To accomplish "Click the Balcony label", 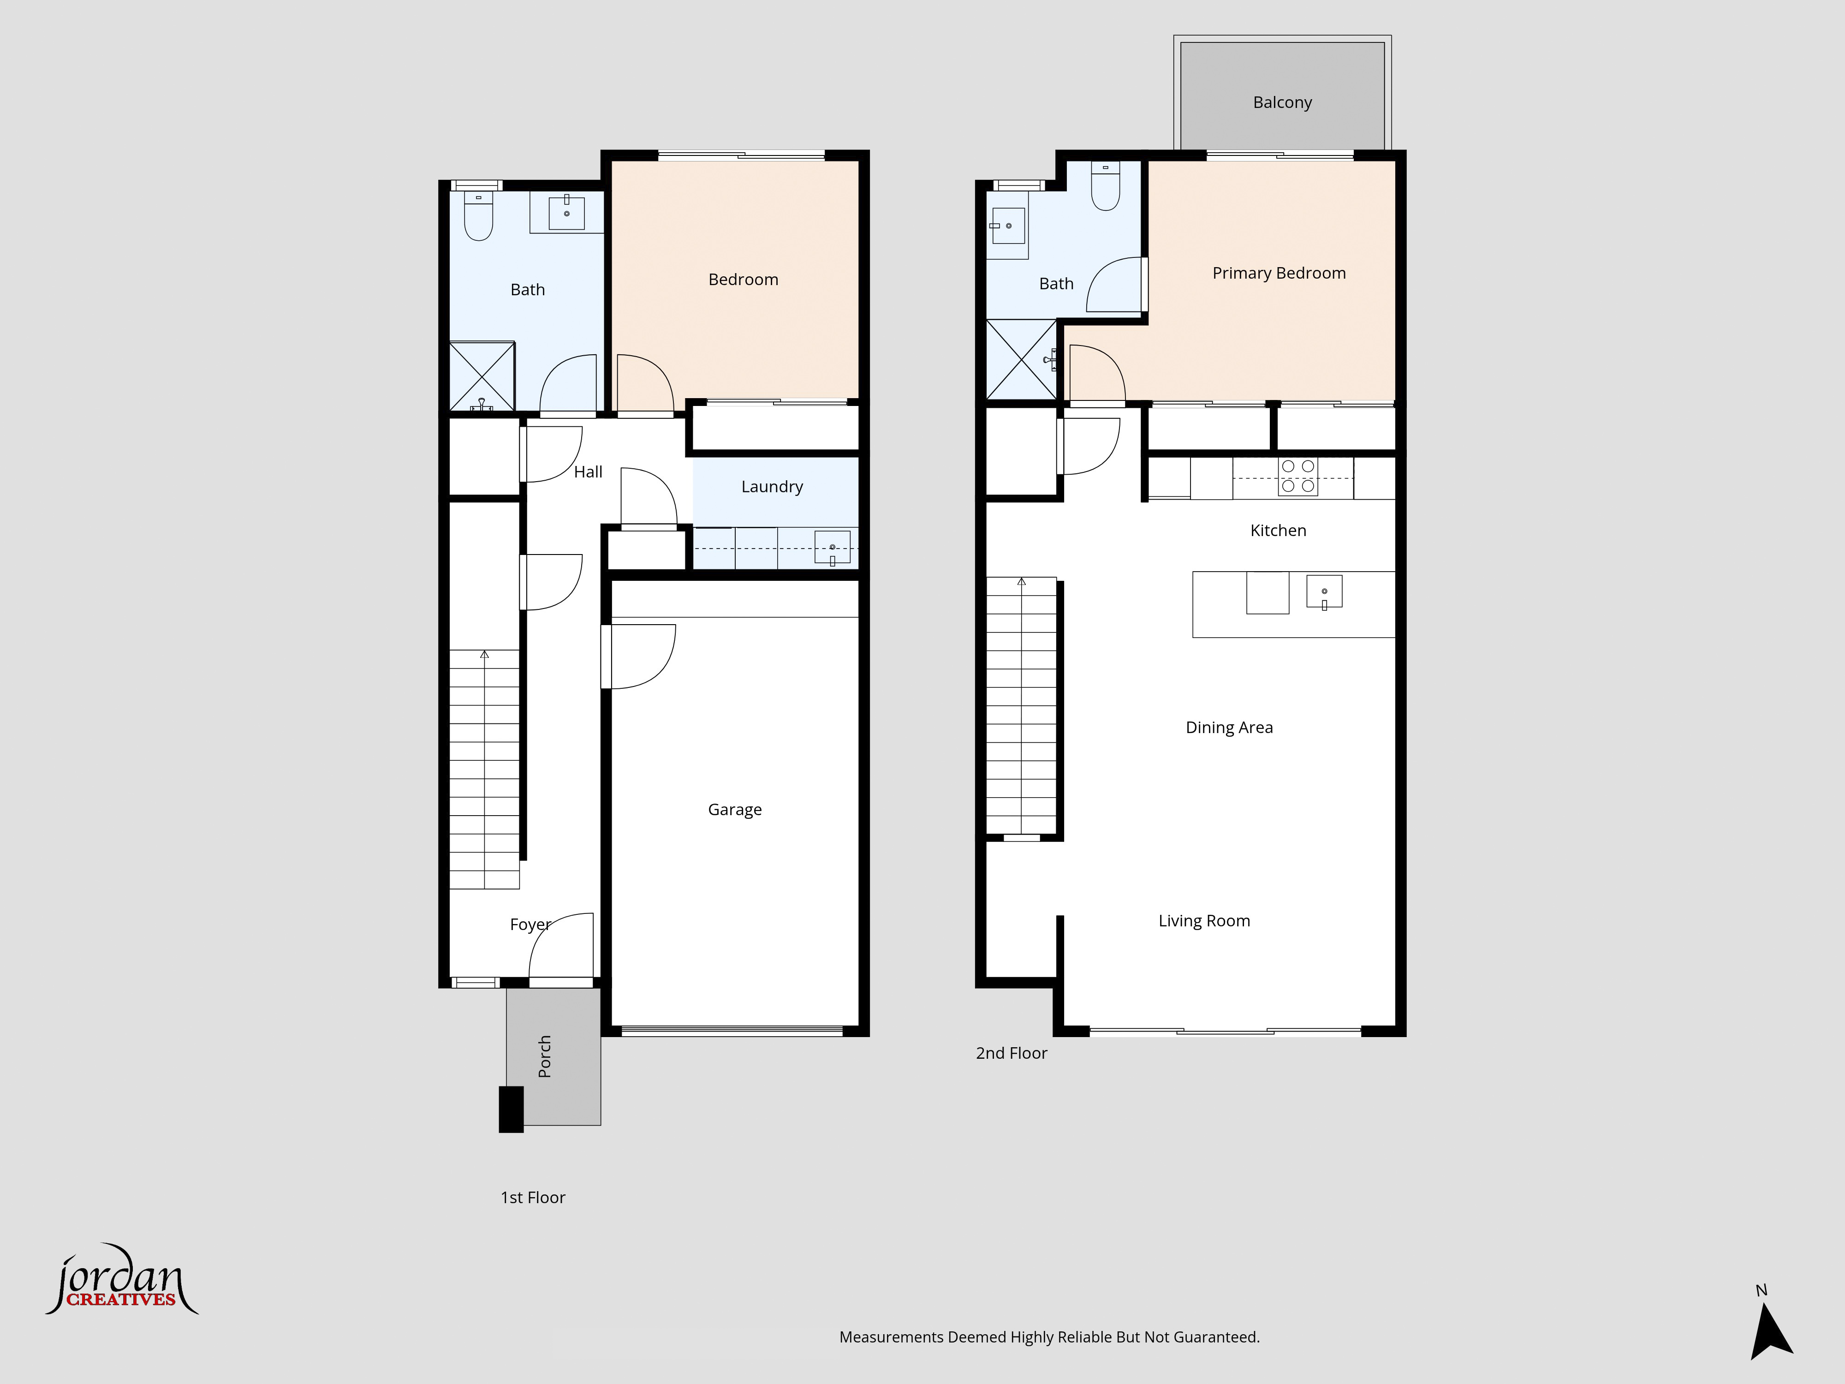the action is point(1282,102).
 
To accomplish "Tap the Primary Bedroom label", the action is point(1279,274).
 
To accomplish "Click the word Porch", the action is point(545,1056).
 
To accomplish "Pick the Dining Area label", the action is point(1229,728).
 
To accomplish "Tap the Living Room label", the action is point(1203,921).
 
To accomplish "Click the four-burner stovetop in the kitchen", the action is point(1298,477).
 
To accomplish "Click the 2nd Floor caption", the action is point(1011,1054).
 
